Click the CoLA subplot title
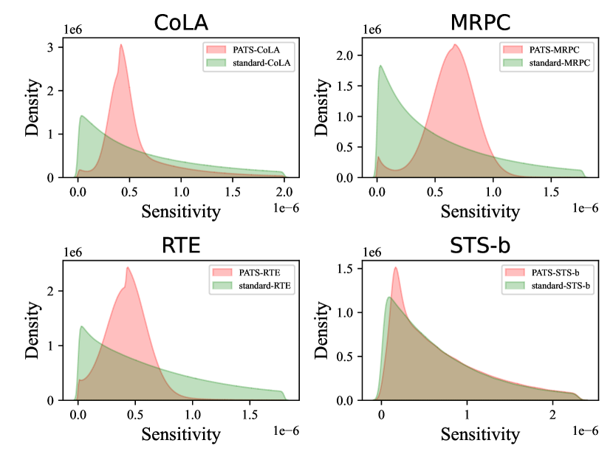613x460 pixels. click(181, 23)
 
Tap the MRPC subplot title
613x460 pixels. click(482, 23)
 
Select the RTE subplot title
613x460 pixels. click(181, 245)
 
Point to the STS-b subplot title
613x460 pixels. click(482, 245)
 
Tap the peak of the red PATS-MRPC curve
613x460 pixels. click(455, 45)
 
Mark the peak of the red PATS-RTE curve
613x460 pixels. click(128, 267)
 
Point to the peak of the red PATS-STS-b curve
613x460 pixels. click(396, 267)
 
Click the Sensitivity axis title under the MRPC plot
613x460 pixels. click(481, 211)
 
